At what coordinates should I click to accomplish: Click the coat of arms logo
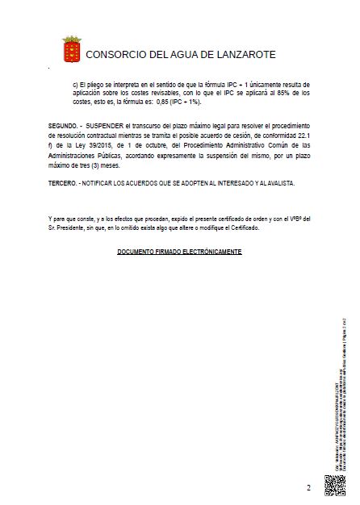point(71,48)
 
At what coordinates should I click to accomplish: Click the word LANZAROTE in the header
point(241,55)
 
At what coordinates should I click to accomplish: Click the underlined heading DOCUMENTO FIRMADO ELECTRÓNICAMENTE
point(179,252)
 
